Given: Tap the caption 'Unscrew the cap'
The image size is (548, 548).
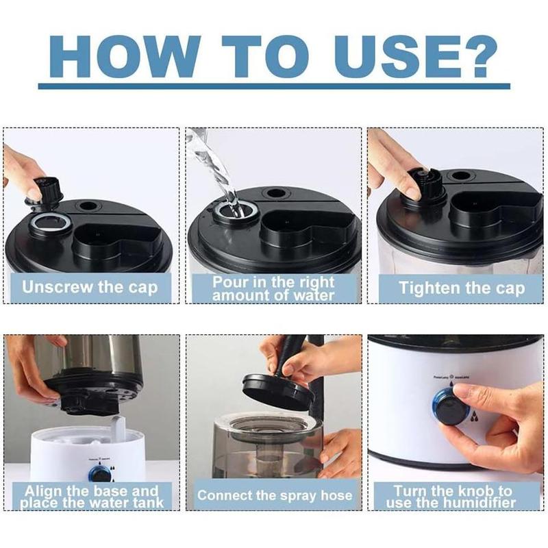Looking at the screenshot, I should (x=90, y=287).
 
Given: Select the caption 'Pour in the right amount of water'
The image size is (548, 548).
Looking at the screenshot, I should (x=273, y=288).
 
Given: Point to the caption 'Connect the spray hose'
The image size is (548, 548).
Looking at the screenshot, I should (x=274, y=495).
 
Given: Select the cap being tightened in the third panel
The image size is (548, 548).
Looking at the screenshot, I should (x=424, y=186).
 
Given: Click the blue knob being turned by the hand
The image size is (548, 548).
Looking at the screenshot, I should (x=449, y=406).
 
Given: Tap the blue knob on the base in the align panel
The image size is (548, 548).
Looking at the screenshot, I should (x=101, y=473).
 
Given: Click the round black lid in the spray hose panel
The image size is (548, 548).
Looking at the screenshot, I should (x=278, y=390).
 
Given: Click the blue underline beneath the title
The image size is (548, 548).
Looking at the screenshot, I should (x=274, y=86).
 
